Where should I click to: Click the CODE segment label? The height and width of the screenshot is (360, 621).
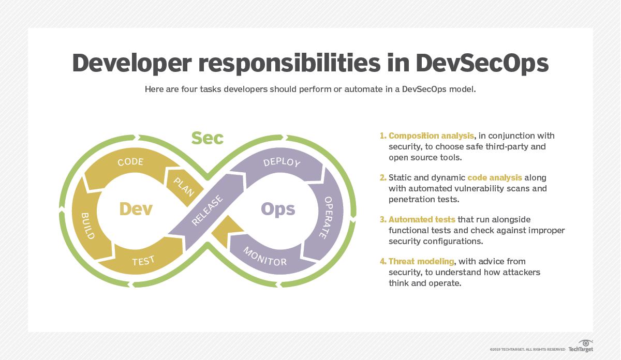coord(130,162)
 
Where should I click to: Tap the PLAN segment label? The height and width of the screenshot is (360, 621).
coord(184,187)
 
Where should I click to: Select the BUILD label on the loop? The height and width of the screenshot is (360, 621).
coord(88,226)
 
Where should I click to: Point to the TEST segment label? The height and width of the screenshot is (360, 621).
coord(143,261)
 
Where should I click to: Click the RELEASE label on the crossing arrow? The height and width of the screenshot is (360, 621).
coord(207,210)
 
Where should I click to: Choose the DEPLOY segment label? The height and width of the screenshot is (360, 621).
coord(282,162)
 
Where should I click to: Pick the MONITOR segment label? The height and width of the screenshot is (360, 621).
coord(265,257)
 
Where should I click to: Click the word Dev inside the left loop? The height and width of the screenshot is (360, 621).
coord(136,209)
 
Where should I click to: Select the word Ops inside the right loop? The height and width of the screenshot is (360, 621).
coord(278,209)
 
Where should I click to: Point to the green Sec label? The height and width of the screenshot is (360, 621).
coord(208,138)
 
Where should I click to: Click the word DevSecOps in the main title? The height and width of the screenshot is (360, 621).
coord(482,64)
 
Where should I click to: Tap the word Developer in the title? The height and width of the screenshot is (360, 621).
coord(132,64)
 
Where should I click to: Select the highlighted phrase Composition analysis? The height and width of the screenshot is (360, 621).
coord(431,136)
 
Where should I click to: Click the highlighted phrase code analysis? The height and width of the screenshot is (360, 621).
coord(495,177)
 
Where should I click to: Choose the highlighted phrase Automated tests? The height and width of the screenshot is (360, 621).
coord(422,219)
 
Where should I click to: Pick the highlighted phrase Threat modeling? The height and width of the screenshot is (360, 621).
coord(421,261)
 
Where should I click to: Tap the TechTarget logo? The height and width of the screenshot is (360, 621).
coord(581,346)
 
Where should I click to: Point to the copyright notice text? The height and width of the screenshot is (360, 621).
coord(527,350)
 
